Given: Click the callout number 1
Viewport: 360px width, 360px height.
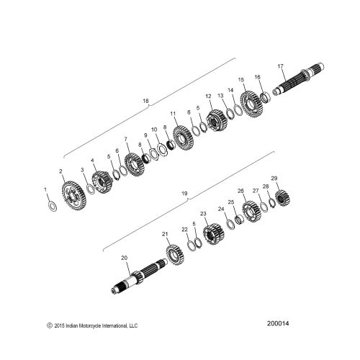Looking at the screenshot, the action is pyautogui.click(x=45, y=189).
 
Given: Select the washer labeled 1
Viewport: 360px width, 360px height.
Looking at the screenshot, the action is pyautogui.click(x=53, y=207).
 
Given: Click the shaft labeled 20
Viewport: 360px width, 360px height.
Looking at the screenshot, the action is pyautogui.click(x=140, y=276).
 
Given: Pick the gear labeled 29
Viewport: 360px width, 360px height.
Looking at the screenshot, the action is pyautogui.click(x=282, y=198).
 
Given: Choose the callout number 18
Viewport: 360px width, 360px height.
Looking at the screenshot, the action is pyautogui.click(x=145, y=101).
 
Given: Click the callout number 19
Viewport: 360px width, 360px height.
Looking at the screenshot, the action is pyautogui.click(x=184, y=194).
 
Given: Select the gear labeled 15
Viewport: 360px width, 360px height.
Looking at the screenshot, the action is pyautogui.click(x=251, y=104).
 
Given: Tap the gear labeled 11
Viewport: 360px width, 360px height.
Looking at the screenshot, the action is pyautogui.click(x=183, y=138).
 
